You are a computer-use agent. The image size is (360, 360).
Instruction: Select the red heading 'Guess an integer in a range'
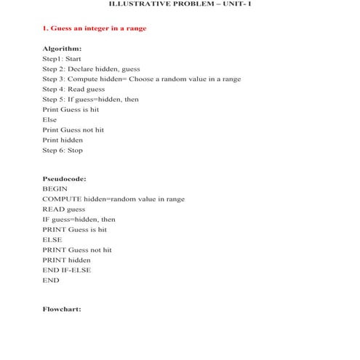coord(95,28)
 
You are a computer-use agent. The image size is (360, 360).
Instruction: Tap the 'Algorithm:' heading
coord(62,48)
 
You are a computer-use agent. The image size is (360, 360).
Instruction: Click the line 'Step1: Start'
coord(62,58)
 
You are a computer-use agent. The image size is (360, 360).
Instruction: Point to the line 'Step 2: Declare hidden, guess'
coord(92,68)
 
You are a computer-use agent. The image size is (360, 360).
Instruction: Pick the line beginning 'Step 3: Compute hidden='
coord(142,79)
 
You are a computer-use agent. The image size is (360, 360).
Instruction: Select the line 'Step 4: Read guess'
coord(73,89)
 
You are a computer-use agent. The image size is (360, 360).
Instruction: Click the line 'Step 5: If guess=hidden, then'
coord(90,99)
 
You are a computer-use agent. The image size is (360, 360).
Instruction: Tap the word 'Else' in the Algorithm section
coord(49,119)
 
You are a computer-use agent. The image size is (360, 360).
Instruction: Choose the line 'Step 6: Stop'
coord(63,151)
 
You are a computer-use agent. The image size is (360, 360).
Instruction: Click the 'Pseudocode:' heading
coord(65,177)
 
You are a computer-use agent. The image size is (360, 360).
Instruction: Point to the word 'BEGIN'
coord(55,188)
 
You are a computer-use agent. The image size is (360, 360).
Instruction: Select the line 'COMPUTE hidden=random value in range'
coord(113,199)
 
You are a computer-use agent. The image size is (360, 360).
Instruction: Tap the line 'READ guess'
coord(63,209)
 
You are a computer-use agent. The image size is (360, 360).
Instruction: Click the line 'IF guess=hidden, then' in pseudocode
coord(79,219)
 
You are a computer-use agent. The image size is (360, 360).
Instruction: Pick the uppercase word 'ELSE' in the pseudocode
coord(52,239)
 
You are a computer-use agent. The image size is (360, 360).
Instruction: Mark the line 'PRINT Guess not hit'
coord(77,249)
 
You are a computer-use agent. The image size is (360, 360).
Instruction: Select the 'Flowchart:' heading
coord(62,308)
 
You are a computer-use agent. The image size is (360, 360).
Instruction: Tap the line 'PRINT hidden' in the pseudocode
coord(67,260)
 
